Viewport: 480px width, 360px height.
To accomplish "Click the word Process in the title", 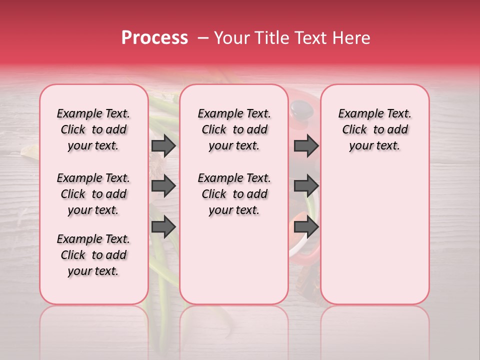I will (x=154, y=38).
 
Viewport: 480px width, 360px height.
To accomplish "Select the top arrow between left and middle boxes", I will (x=163, y=145).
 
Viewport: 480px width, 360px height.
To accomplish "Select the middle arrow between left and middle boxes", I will (x=163, y=186).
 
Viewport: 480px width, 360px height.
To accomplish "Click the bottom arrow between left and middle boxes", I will (x=163, y=227).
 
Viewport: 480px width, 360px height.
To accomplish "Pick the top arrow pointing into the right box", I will (x=306, y=145).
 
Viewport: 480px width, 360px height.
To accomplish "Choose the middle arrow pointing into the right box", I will (x=306, y=186).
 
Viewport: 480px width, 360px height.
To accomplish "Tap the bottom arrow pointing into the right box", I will (x=306, y=227).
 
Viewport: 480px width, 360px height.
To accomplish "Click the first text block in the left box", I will (x=93, y=129).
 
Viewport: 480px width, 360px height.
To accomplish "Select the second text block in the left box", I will (x=93, y=194).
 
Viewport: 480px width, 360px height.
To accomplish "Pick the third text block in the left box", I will (x=93, y=255).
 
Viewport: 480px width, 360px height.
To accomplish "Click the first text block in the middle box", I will (x=234, y=129).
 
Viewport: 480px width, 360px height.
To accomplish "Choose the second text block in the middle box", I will (x=234, y=194).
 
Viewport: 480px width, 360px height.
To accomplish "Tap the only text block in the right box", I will (x=374, y=129).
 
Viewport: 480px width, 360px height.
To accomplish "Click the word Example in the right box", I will (x=356, y=114).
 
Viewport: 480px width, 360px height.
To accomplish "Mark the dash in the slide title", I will (x=202, y=38).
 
